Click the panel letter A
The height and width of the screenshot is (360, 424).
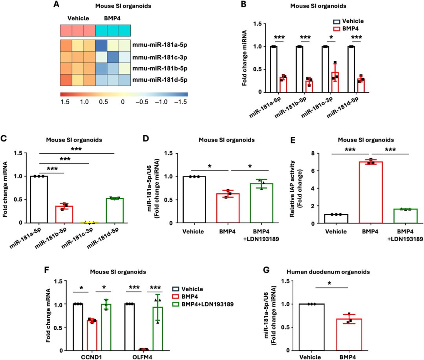pyautogui.click(x=57, y=5)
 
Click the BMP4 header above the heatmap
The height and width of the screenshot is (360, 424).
pyautogui.click(x=113, y=18)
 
